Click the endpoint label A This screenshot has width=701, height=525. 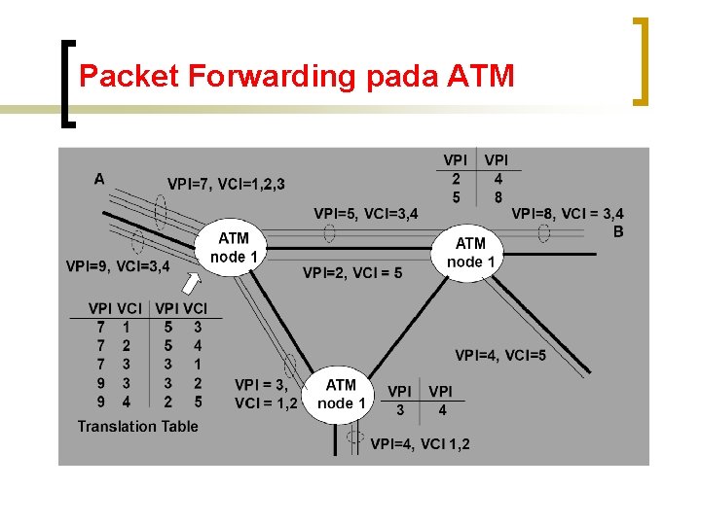point(99,178)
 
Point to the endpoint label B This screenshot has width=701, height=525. point(618,231)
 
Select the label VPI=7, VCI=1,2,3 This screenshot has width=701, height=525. point(226,184)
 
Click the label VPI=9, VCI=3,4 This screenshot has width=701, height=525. point(119,264)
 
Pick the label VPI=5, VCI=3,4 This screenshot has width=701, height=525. point(365,213)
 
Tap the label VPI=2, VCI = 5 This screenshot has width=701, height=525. point(352,273)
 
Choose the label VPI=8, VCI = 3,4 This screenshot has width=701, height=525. point(568,213)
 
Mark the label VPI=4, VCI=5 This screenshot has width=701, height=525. point(500,355)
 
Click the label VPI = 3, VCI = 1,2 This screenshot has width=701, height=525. point(266,394)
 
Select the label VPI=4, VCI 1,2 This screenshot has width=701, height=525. point(421,443)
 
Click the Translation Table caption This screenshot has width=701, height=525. point(137,426)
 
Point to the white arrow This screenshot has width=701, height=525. point(193,284)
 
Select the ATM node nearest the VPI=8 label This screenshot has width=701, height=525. point(471,253)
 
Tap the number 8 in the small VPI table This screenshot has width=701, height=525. point(498,196)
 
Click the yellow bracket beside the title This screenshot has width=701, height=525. point(641,60)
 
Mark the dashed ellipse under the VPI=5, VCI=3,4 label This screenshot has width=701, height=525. point(330,233)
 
